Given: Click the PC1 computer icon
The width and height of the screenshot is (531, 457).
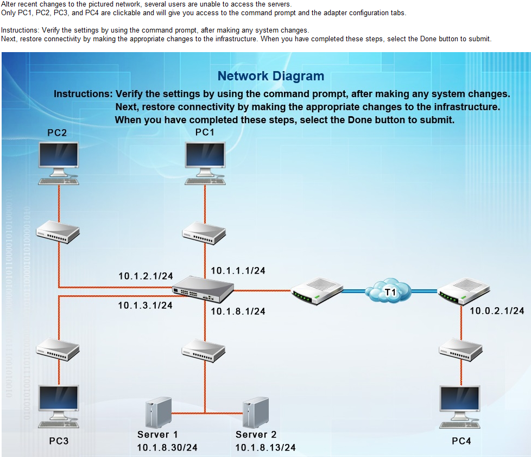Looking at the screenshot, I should tap(205, 162).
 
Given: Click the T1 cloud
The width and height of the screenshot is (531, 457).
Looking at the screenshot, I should tap(389, 292).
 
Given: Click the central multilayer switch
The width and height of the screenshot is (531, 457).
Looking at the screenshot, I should tap(203, 288).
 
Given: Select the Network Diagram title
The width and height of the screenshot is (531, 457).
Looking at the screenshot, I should tap(270, 77).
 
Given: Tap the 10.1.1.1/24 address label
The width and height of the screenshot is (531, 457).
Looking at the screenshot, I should tap(238, 270).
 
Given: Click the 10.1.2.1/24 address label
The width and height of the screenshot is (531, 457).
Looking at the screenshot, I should tap(146, 276).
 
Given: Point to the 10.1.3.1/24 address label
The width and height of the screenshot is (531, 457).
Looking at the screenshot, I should tap(145, 306).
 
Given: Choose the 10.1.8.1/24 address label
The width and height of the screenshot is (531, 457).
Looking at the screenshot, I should tap(238, 311).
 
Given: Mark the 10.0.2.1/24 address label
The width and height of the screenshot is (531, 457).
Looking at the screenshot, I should tap(497, 310).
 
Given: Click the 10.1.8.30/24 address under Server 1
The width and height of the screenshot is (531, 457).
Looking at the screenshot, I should tap(167, 447).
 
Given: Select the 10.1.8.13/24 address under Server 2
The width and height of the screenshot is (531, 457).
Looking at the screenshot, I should tap(265, 447).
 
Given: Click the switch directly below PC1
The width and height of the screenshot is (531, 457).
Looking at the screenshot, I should tap(204, 233).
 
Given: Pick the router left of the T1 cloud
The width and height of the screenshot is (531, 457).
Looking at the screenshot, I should tap(315, 291).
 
